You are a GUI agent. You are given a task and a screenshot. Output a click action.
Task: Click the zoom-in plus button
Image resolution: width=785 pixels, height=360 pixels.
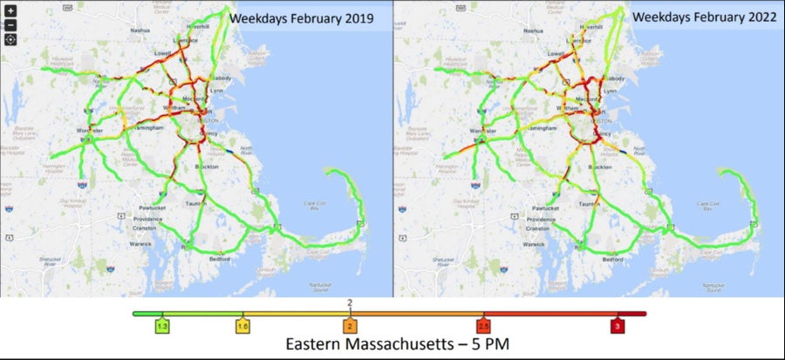pos(10,11)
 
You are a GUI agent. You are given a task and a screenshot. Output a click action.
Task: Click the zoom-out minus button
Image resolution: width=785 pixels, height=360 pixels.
pos(10,24)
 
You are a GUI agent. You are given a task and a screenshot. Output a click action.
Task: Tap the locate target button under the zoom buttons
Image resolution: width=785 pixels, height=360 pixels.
pos(10,39)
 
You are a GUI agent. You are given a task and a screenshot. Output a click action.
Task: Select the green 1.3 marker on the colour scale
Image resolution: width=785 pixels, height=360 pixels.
pos(161,325)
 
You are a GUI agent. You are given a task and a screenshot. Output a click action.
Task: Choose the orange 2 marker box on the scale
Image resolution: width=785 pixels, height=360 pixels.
pos(350,325)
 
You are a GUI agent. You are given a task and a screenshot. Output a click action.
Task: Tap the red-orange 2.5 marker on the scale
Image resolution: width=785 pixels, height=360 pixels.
pos(485,325)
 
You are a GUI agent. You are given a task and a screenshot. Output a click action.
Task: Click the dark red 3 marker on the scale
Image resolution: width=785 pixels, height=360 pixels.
pos(618,325)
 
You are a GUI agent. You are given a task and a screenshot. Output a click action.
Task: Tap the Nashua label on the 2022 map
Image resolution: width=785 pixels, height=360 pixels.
pos(535,30)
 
